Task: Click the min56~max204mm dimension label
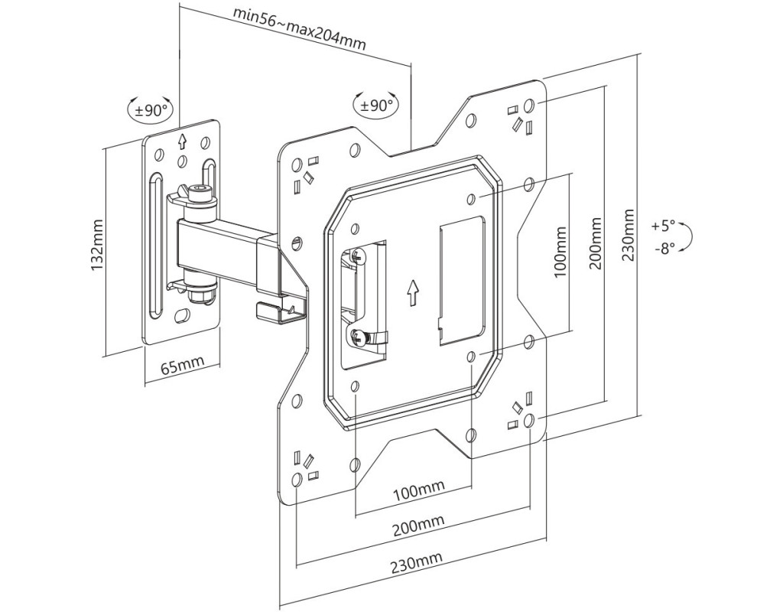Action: [x=300, y=30]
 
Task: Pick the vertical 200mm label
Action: [x=595, y=243]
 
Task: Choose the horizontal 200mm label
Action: [x=418, y=526]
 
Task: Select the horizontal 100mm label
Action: [x=419, y=492]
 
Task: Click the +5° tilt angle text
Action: [x=663, y=226]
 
